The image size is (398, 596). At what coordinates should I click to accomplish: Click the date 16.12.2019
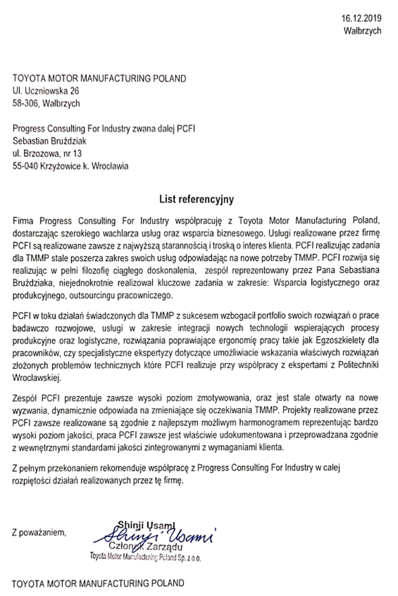(361, 19)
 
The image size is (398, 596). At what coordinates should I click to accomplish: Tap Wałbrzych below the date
(362, 31)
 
